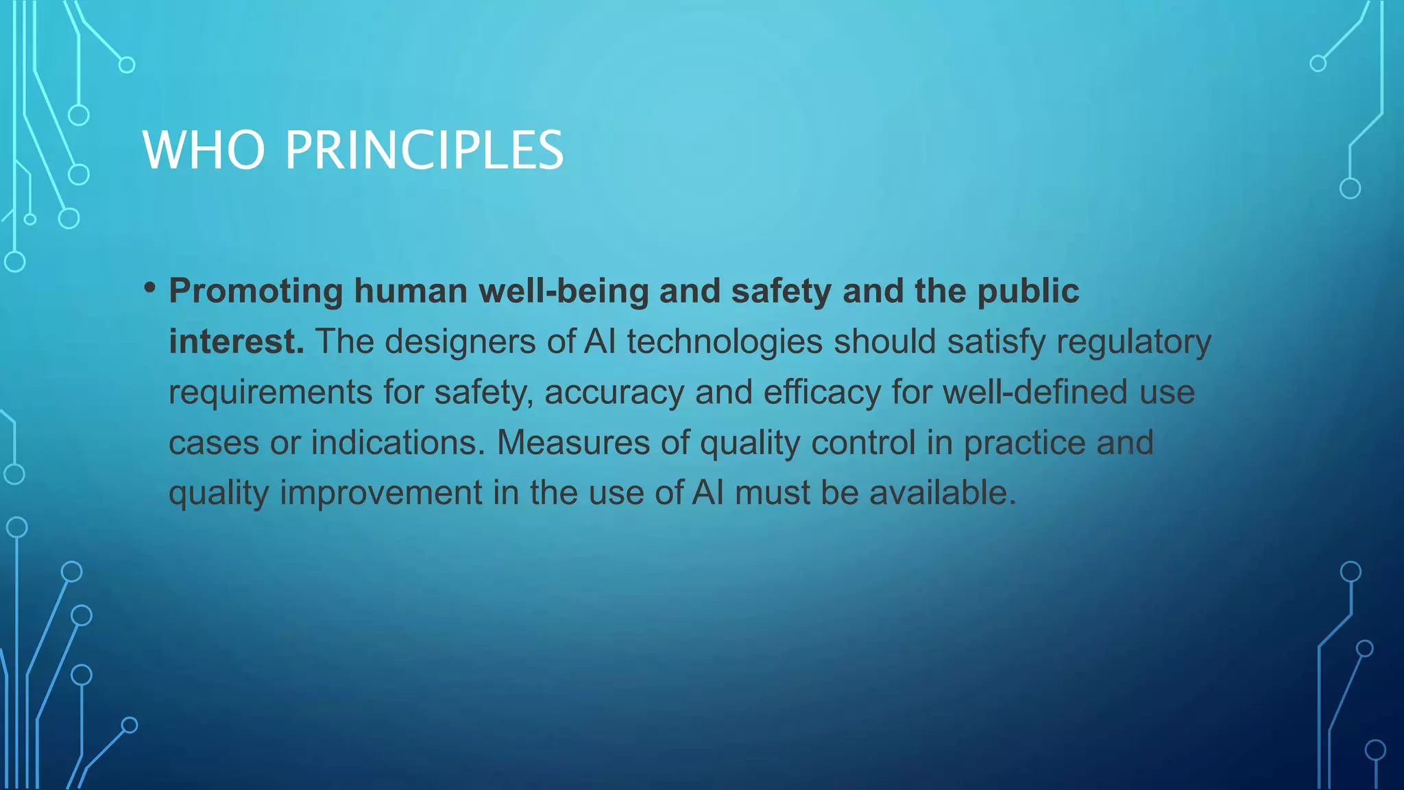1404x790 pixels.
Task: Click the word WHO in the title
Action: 204,150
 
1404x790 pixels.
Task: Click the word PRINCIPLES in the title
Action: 424,150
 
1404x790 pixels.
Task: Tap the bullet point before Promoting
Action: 150,288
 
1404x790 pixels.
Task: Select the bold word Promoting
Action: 256,291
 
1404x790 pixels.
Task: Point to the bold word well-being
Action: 564,291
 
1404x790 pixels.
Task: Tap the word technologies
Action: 725,342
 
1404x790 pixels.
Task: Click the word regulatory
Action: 1134,342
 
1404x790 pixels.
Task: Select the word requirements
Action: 270,392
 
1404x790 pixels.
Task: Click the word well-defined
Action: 1034,392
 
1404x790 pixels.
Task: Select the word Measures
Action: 573,442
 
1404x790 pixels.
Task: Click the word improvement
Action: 381,492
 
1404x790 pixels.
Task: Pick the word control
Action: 863,442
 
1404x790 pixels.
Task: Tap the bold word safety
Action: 782,291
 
